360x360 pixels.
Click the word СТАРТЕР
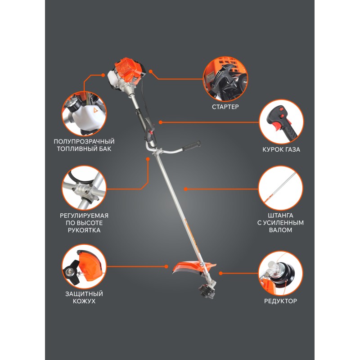coord(225,107)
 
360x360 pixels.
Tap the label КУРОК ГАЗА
coord(281,149)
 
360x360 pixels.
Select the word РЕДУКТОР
coord(280,301)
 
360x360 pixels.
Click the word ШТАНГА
coord(280,216)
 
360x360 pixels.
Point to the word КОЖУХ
coord(84,301)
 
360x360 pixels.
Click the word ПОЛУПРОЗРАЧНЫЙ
coord(84,141)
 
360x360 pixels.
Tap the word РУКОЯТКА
coord(84,230)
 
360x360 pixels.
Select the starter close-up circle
coord(225,79)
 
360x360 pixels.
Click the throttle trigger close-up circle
coord(281,122)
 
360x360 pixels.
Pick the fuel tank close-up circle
coord(84,114)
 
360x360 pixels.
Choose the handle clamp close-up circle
coord(84,188)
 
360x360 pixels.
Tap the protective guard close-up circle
coord(84,266)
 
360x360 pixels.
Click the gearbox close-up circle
coord(280,274)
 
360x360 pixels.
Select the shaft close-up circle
coord(280,188)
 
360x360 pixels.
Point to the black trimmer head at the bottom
coord(207,291)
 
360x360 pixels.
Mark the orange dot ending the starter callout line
coord(151,72)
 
